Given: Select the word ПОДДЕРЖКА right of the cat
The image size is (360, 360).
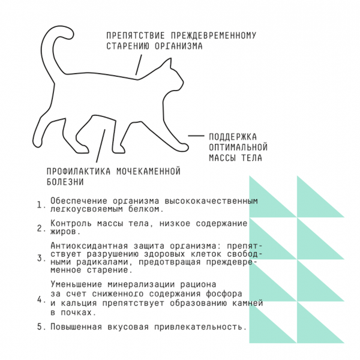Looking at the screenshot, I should (x=232, y=136).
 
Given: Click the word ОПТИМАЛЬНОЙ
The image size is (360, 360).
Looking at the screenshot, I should (x=237, y=147).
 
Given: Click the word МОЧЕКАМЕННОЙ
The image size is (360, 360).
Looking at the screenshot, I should (x=148, y=171).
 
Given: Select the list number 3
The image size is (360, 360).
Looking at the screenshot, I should (x=40, y=259).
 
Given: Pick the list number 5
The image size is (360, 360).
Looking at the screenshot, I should (x=40, y=327).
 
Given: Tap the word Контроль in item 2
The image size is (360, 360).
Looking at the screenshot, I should (x=70, y=224).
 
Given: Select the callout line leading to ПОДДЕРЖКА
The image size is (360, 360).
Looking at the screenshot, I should (x=196, y=136).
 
